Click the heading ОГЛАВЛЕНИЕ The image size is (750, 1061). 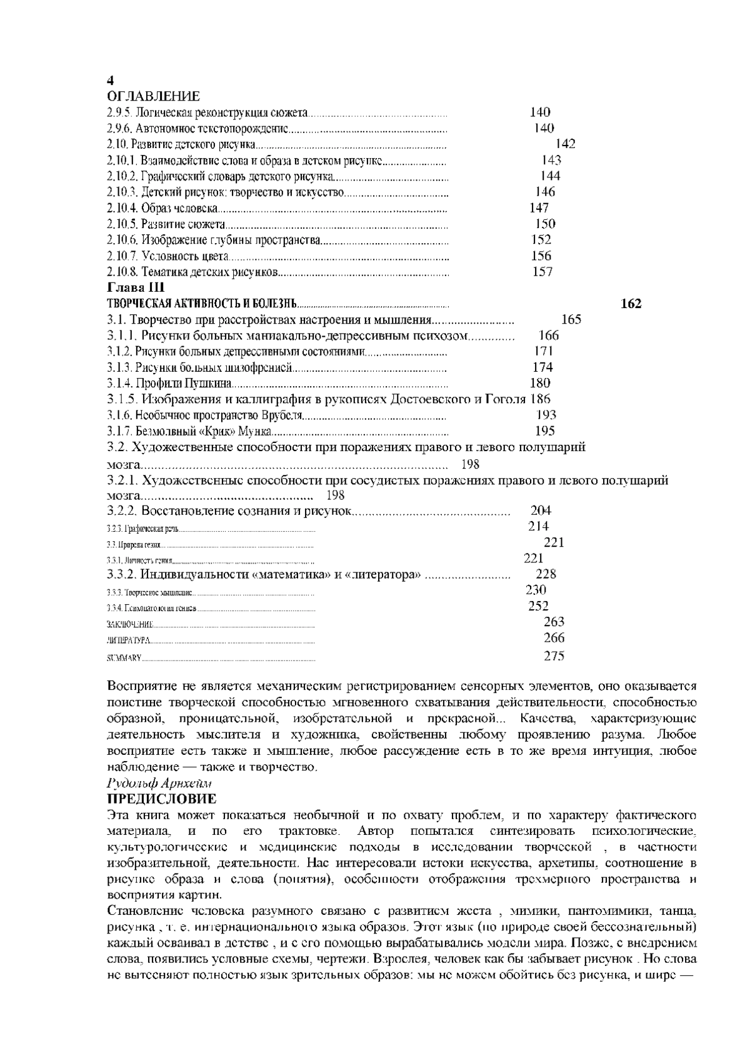pyautogui.click(x=154, y=96)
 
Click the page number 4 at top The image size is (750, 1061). pyautogui.click(x=111, y=81)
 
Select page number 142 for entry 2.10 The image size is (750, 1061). pyautogui.click(x=565, y=144)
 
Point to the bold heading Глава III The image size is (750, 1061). pyautogui.click(x=136, y=288)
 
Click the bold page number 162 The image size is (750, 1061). pyautogui.click(x=631, y=304)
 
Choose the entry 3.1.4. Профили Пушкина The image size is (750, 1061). pyautogui.click(x=169, y=383)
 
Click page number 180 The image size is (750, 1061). pyautogui.click(x=540, y=383)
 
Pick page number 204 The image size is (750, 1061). pyautogui.click(x=541, y=511)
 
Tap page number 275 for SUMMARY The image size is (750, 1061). pyautogui.click(x=554, y=655)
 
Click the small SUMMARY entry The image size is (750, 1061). pyautogui.click(x=124, y=658)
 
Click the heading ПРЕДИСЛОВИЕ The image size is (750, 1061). pyautogui.click(x=162, y=799)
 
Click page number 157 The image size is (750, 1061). pyautogui.click(x=542, y=272)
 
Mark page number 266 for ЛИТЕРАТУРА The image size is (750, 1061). pyautogui.click(x=554, y=638)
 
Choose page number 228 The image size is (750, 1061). pyautogui.click(x=546, y=574)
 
